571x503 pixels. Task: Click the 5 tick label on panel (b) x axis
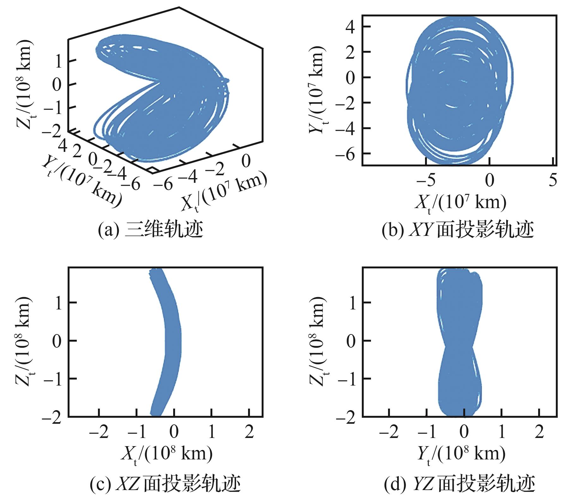tap(553, 181)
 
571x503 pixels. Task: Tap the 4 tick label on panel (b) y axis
tap(350, 27)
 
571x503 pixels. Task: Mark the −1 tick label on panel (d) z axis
tap(346, 379)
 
